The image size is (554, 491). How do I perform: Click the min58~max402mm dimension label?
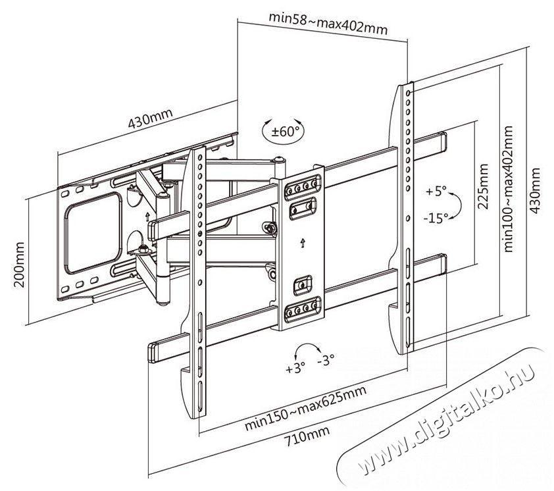click(x=328, y=23)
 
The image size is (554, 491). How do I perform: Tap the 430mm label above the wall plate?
click(x=150, y=118)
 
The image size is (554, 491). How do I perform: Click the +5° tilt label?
click(x=436, y=192)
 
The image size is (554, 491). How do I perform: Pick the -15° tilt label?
click(x=436, y=218)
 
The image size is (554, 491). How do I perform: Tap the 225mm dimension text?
click(x=482, y=186)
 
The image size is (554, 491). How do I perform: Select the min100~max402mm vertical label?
click(x=508, y=189)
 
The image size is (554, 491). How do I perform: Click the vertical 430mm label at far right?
click(x=534, y=190)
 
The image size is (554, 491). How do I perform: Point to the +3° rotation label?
click(x=295, y=369)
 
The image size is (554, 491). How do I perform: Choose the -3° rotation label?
click(x=325, y=361)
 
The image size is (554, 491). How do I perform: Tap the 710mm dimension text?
click(x=307, y=436)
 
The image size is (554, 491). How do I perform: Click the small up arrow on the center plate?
click(x=303, y=244)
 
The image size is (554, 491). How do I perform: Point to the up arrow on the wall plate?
click(x=147, y=217)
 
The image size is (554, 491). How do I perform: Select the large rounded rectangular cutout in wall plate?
click(x=93, y=233)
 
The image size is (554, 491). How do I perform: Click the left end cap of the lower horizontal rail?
click(x=152, y=352)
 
